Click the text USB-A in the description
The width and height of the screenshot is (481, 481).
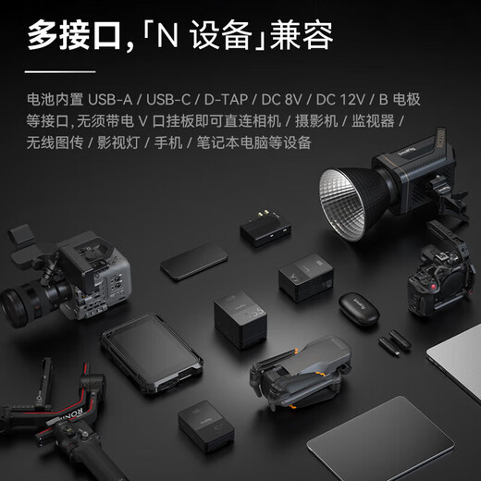click(x=110, y=100)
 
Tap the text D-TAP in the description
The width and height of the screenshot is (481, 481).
click(x=226, y=100)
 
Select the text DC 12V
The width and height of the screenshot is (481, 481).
click(x=340, y=100)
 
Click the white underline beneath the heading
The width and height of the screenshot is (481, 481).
click(x=60, y=72)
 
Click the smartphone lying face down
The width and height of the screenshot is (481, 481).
click(x=194, y=262)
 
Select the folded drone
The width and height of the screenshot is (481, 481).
click(x=301, y=372)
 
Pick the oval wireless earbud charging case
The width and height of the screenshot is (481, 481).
click(x=359, y=309)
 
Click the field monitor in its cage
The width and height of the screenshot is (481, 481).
click(x=152, y=354)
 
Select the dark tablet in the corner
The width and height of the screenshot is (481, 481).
click(x=381, y=440)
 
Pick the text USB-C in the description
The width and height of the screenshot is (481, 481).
click(x=168, y=100)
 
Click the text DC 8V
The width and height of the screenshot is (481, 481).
click(x=281, y=100)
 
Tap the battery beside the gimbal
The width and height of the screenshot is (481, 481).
click(x=206, y=426)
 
